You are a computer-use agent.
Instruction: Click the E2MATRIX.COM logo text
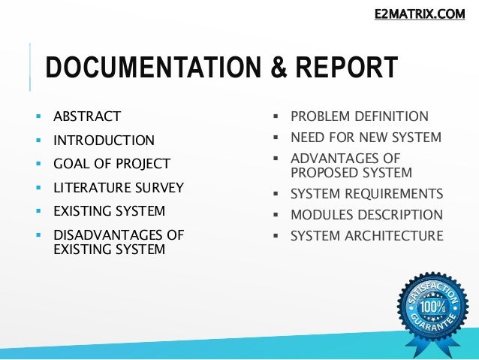pyautogui.click(x=420, y=13)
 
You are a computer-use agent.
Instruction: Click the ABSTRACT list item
pyautogui.click(x=87, y=116)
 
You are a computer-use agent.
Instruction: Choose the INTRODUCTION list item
pyautogui.click(x=104, y=141)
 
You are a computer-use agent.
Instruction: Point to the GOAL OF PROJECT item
pyautogui.click(x=112, y=164)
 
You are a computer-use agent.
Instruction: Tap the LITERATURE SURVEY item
pyautogui.click(x=119, y=187)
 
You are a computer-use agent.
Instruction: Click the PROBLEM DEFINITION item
pyautogui.click(x=360, y=116)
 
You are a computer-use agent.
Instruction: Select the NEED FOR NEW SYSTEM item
pyautogui.click(x=366, y=138)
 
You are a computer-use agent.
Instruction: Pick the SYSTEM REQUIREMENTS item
pyautogui.click(x=366, y=192)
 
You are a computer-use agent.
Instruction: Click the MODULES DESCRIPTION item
pyautogui.click(x=366, y=214)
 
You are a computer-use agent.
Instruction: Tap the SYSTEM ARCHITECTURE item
pyautogui.click(x=366, y=236)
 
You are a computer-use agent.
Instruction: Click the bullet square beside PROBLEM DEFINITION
pyautogui.click(x=276, y=116)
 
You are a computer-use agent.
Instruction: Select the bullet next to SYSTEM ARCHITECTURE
pyautogui.click(x=276, y=236)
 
